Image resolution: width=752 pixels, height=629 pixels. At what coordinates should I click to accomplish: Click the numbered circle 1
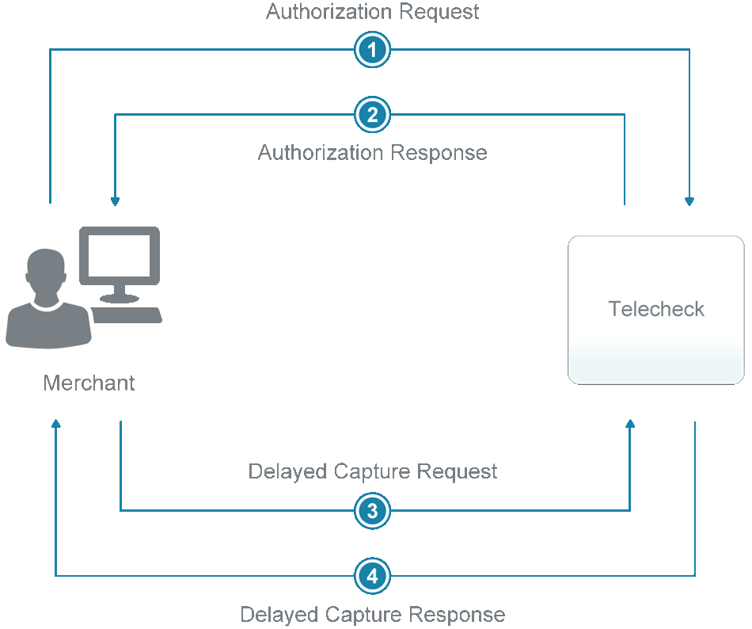point(372,51)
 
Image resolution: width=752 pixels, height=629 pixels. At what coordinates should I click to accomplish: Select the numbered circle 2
point(372,116)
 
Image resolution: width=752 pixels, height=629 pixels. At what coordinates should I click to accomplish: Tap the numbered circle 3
point(372,511)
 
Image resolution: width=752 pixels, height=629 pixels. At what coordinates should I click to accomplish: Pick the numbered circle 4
point(372,575)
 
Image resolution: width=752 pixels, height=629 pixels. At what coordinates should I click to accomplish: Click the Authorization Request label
point(372,12)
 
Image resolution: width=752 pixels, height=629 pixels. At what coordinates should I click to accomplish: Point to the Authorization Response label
point(372,152)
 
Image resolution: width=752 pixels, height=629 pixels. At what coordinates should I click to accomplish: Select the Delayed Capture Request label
point(372,472)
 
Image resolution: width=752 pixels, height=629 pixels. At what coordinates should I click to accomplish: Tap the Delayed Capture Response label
point(372,615)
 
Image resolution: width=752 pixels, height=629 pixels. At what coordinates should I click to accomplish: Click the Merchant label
point(89,383)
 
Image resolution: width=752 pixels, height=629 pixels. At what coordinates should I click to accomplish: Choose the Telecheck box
point(656,310)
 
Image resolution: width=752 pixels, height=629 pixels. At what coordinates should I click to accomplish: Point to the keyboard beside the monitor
point(127,314)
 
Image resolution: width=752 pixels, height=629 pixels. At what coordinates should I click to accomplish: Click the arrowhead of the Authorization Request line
point(689,201)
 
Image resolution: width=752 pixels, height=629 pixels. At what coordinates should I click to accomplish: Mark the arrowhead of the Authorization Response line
point(116,201)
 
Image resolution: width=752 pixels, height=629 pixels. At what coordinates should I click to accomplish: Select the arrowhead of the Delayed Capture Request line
point(630,425)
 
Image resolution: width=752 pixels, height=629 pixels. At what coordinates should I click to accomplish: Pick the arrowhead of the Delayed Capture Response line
point(55,425)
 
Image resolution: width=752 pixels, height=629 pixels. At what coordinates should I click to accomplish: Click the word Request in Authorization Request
point(440,12)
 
